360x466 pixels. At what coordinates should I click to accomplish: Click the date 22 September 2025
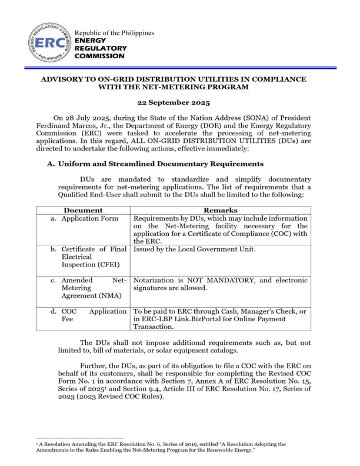pyautogui.click(x=180, y=101)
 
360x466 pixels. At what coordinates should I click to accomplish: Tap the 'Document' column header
pyautogui.click(x=83, y=209)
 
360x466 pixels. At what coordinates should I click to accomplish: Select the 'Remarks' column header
pyautogui.click(x=221, y=209)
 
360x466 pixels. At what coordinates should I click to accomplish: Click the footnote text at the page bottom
pyautogui.click(x=176, y=448)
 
